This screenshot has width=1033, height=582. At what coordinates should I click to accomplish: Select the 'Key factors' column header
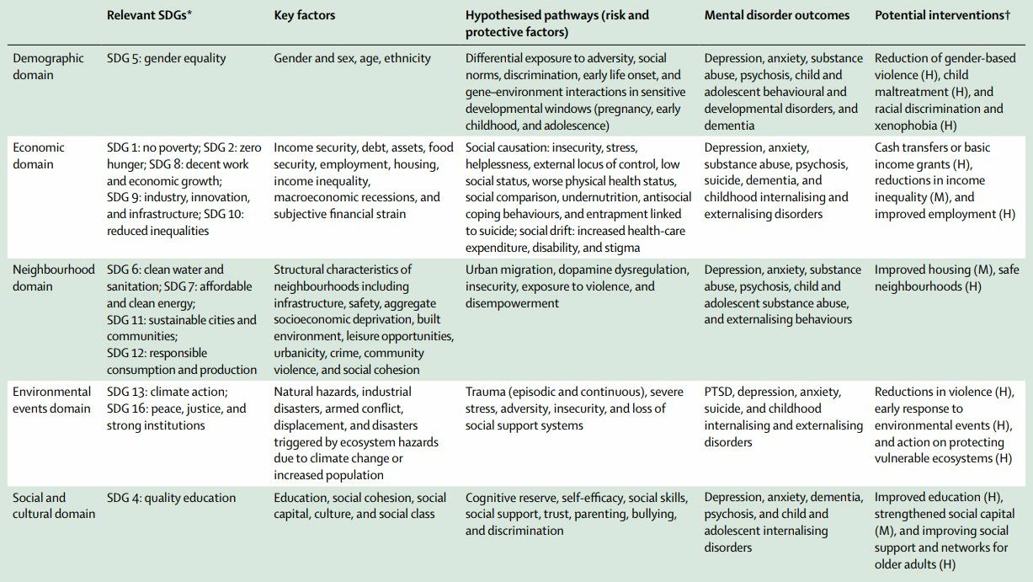click(305, 15)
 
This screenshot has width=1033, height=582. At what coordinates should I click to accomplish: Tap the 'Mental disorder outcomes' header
click(776, 15)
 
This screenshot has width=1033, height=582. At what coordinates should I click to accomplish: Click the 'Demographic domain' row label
click(49, 67)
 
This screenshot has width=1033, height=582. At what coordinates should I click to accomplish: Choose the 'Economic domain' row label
click(39, 156)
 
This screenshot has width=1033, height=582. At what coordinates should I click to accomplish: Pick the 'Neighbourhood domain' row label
click(54, 278)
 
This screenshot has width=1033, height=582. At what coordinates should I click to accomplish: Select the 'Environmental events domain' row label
click(51, 400)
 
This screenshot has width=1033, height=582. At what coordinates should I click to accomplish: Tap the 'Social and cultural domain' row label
click(54, 505)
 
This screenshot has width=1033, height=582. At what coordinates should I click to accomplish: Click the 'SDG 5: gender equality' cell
click(167, 58)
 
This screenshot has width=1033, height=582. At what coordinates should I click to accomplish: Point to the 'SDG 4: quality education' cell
click(172, 497)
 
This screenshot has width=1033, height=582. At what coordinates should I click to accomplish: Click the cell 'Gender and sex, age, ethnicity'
click(352, 58)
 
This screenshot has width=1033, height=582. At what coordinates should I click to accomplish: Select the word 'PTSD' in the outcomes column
click(721, 392)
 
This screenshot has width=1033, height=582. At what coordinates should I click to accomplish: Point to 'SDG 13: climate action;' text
click(167, 392)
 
